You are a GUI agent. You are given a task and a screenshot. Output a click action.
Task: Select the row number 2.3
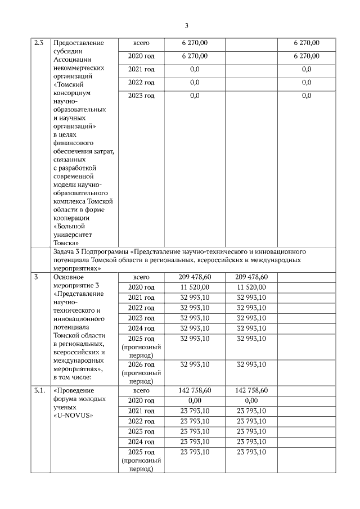click(x=39, y=43)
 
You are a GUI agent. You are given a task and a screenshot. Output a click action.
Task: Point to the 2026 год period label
click(x=141, y=364)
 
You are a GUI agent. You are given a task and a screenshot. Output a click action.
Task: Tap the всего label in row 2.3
click(x=141, y=43)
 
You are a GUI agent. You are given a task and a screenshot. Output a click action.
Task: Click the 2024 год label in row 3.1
click(x=141, y=442)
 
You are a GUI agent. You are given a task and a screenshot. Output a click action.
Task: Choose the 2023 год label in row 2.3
click(x=141, y=96)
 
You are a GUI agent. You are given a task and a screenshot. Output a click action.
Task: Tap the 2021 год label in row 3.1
click(x=141, y=411)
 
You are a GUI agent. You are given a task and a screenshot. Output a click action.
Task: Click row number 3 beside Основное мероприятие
click(x=36, y=277)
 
